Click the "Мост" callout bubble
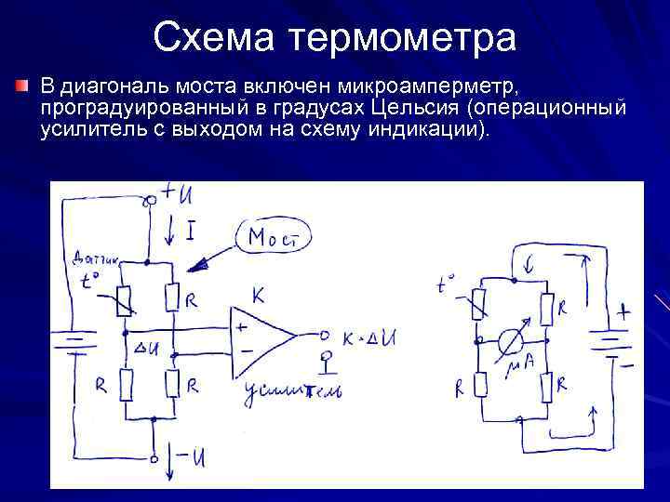pos(274,238)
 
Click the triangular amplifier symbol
pos(269,337)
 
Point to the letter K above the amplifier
pos(258,297)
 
